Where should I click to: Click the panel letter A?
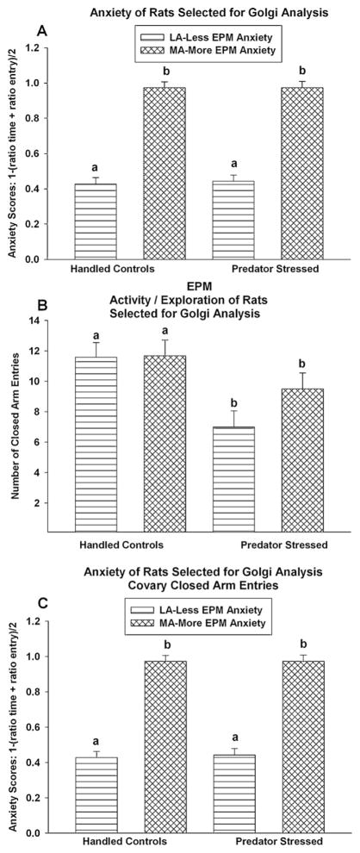coord(40,30)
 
